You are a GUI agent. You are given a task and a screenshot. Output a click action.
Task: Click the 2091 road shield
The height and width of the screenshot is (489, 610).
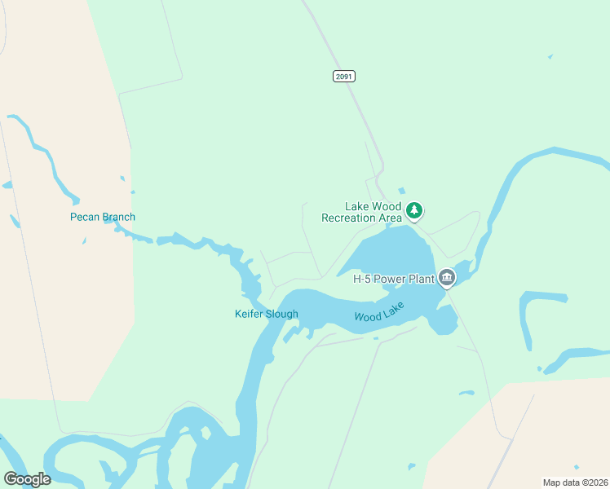pos(344,76)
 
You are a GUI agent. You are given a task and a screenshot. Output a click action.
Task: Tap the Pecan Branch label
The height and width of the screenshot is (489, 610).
pos(103,217)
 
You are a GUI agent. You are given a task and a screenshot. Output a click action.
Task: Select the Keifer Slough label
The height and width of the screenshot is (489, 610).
pos(267,314)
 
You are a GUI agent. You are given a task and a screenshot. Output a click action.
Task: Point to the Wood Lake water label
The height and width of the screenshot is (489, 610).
pos(378,314)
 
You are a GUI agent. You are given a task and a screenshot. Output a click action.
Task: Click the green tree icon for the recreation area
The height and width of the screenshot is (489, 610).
pos(414,211)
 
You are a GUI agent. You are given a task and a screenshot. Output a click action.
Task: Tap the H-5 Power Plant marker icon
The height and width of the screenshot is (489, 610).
pos(447,278)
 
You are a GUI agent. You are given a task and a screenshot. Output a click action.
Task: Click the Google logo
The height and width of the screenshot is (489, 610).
pos(27,479)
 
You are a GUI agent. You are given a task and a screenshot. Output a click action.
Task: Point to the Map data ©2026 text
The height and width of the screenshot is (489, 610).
pos(574,482)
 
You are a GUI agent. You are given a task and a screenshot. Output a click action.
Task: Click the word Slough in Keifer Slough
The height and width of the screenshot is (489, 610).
pos(282,314)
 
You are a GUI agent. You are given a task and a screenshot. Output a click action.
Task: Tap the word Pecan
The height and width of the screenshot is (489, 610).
pos(85,217)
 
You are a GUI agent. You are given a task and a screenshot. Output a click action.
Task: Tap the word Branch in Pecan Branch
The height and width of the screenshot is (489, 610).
pos(118,217)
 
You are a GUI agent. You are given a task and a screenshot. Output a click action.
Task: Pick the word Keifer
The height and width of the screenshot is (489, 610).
pos(249,314)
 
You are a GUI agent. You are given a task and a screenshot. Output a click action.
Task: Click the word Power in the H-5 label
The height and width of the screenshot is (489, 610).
pos(390,278)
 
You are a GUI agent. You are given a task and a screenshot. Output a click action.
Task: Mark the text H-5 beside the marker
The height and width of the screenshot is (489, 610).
pos(363,278)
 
